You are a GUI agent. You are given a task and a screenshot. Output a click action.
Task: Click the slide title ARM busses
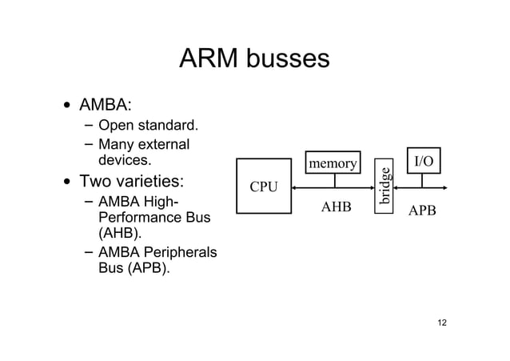pos(254,58)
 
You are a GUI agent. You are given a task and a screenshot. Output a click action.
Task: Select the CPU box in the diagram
pos(264,187)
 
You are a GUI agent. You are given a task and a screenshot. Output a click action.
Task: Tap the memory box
pos(333,163)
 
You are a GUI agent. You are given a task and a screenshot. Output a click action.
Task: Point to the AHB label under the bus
pos(336,207)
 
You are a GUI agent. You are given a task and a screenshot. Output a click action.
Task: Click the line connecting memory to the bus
pos(334,180)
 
